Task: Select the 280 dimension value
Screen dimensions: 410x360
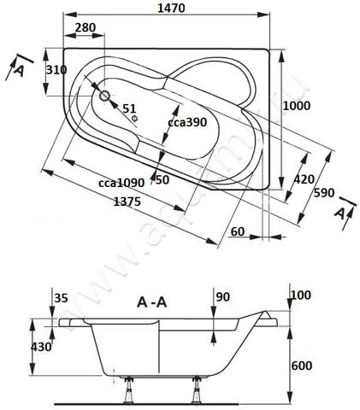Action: tap(85, 29)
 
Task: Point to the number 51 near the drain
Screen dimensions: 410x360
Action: tap(130, 108)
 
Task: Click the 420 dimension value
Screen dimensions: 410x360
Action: tap(304, 179)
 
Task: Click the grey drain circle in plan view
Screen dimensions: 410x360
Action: tap(106, 97)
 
